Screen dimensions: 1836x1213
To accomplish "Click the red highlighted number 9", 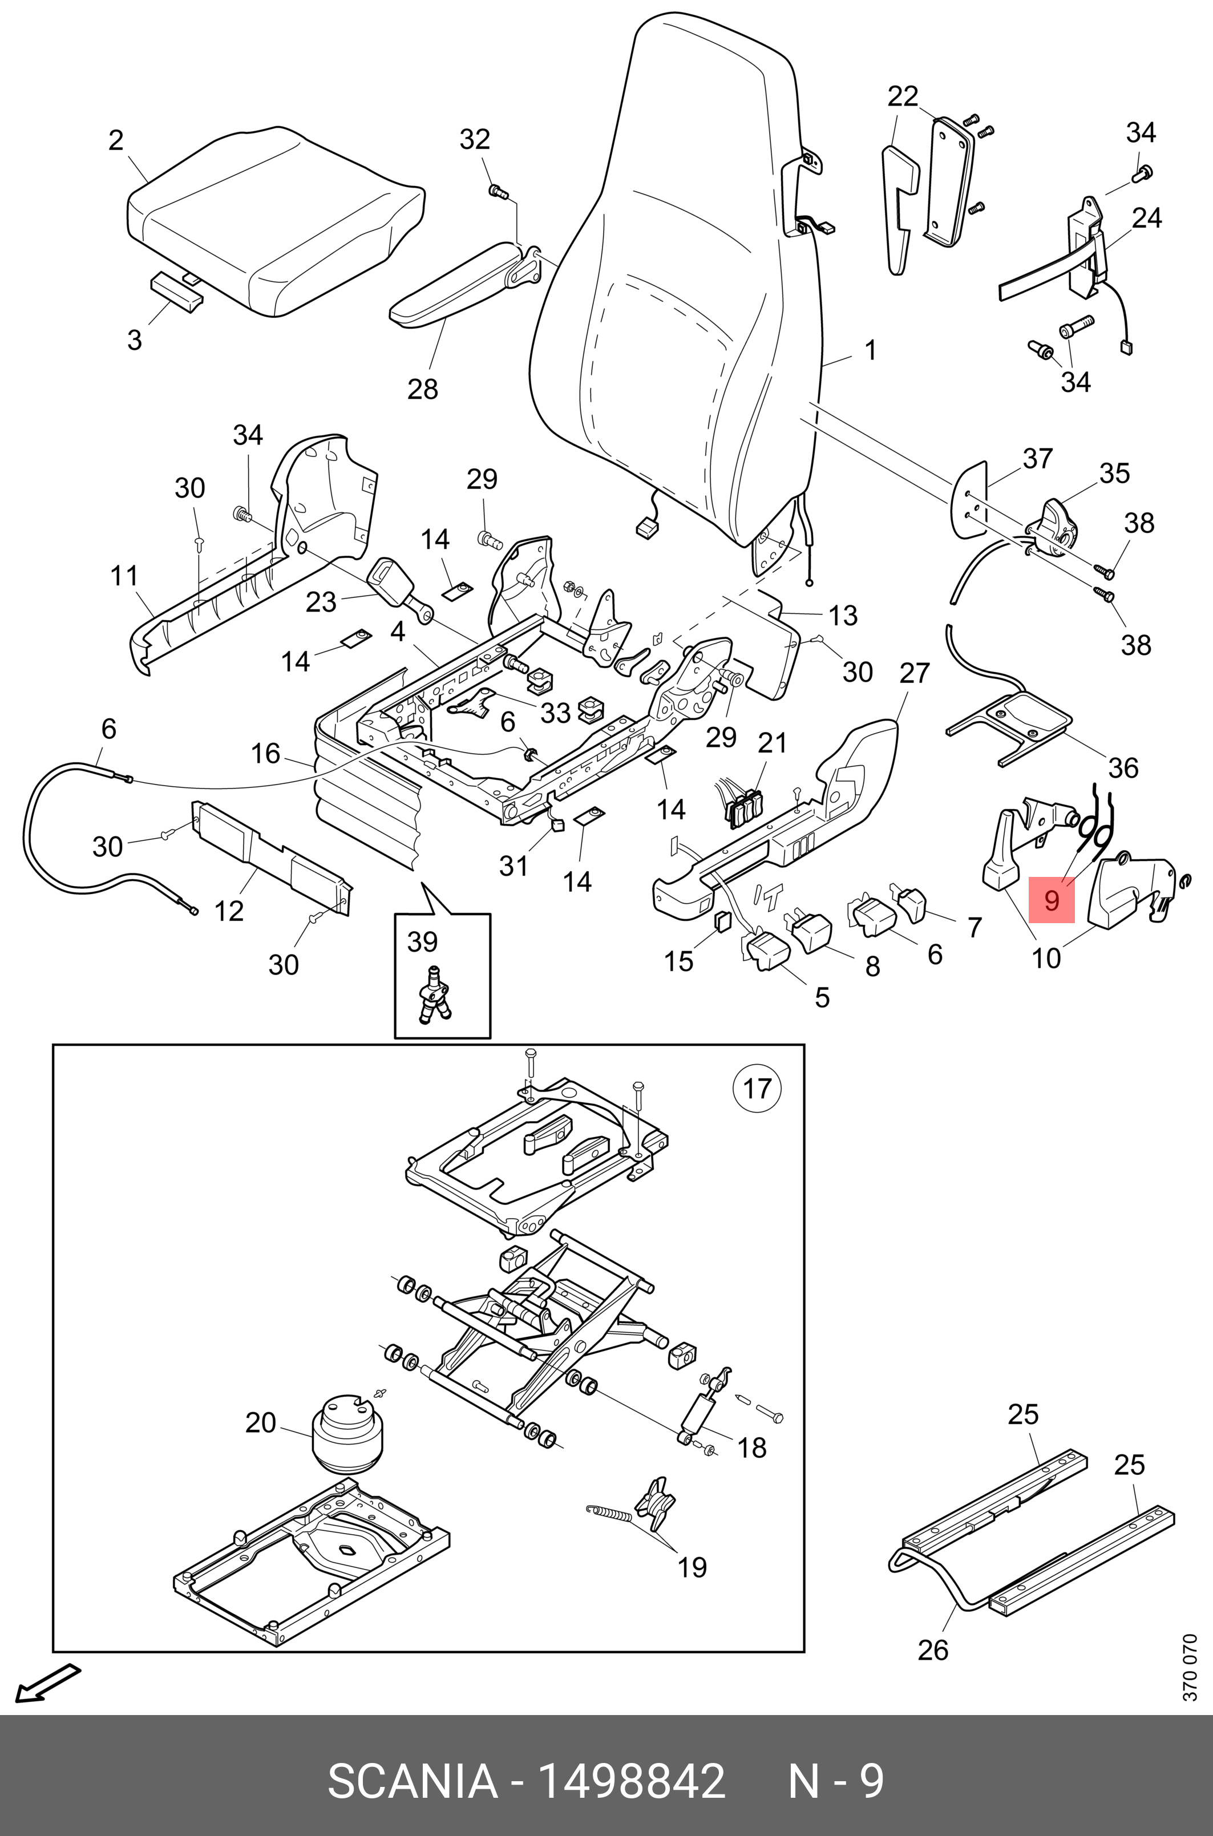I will tap(1052, 900).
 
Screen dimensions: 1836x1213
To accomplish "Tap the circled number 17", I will tap(757, 1088).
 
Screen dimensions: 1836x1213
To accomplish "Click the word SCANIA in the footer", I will tap(413, 1777).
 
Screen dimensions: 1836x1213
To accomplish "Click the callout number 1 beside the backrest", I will tap(870, 350).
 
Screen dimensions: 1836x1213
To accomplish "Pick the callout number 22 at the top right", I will tap(902, 96).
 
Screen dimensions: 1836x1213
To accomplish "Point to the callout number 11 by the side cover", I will tap(124, 576).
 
